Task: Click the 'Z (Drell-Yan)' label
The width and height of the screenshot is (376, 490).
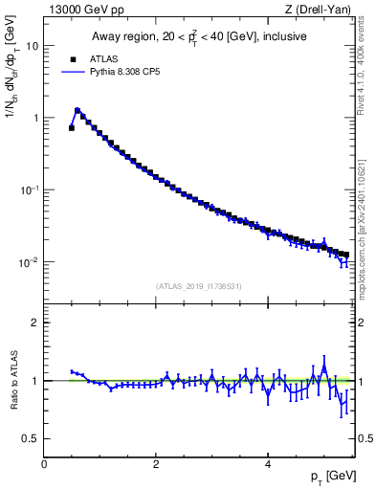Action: point(323,10)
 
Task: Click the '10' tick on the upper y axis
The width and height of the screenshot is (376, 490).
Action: point(32,46)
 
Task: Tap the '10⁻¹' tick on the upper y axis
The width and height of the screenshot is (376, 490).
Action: point(30,189)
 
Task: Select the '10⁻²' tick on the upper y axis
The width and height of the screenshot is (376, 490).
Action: point(30,262)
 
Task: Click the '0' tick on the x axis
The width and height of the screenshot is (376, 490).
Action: point(44,464)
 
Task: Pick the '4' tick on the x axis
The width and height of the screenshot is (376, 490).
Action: point(267,464)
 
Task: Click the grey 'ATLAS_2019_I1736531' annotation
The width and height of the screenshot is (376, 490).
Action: point(199,286)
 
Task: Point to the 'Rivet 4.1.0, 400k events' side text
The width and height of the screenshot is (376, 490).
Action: point(365,56)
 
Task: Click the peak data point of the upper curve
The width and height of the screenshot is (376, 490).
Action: point(77,110)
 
